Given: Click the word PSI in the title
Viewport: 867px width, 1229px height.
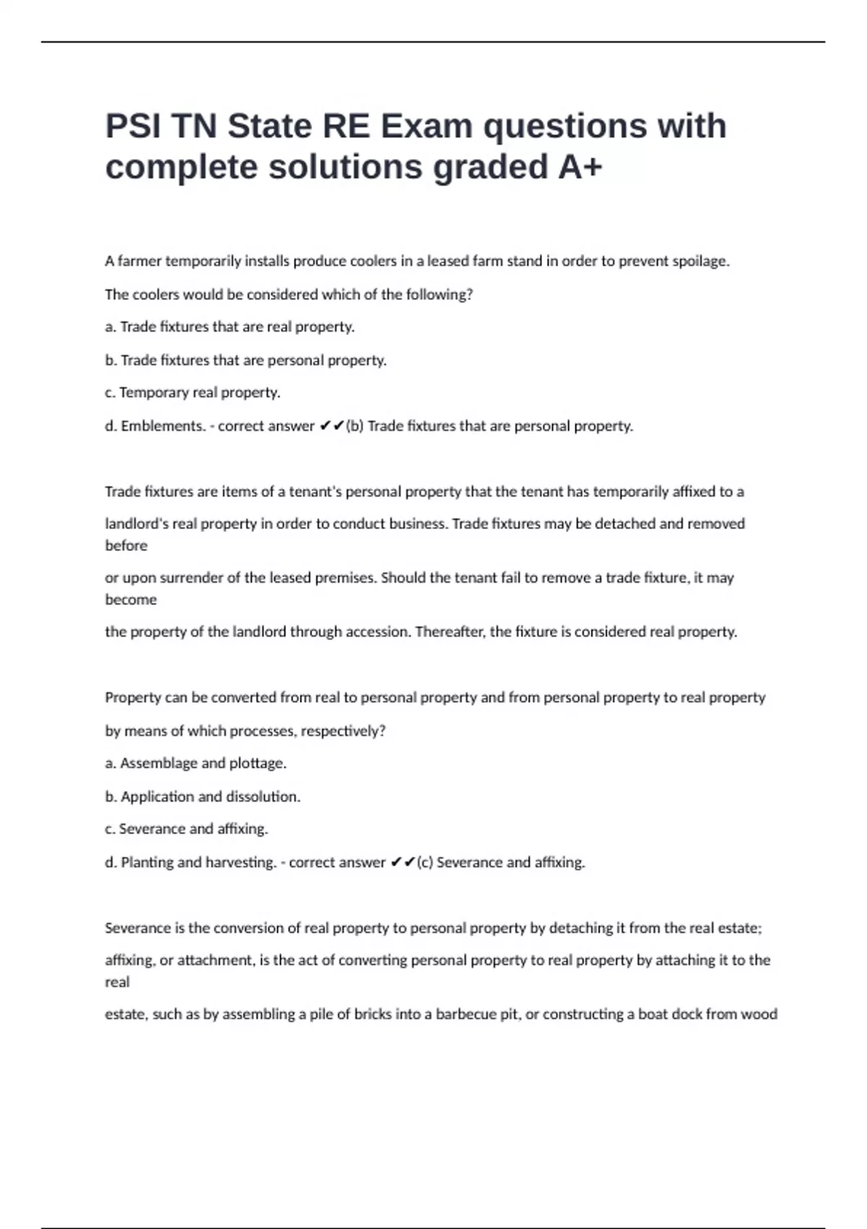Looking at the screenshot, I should click(133, 127).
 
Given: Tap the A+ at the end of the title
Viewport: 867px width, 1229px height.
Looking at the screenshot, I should click(580, 168).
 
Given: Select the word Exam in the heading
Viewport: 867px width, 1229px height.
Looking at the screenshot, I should click(426, 127).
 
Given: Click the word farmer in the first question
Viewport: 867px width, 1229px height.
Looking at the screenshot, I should click(139, 261).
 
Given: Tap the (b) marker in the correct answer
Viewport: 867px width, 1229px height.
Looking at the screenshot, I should click(355, 426).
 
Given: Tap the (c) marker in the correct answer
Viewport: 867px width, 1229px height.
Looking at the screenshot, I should click(426, 862).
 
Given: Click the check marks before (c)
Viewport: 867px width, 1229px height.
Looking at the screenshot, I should click(402, 862).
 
